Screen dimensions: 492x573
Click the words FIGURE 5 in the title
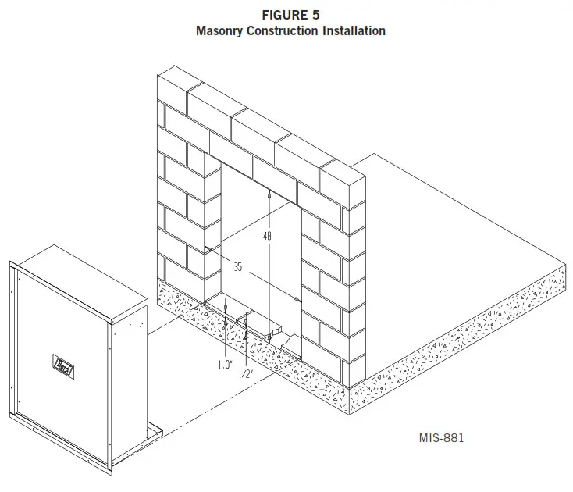pyautogui.click(x=285, y=15)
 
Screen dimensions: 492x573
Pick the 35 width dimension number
pyautogui.click(x=238, y=267)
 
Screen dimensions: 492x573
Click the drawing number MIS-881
pyautogui.click(x=441, y=438)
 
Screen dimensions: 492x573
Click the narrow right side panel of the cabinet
pyautogui.click(x=129, y=367)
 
